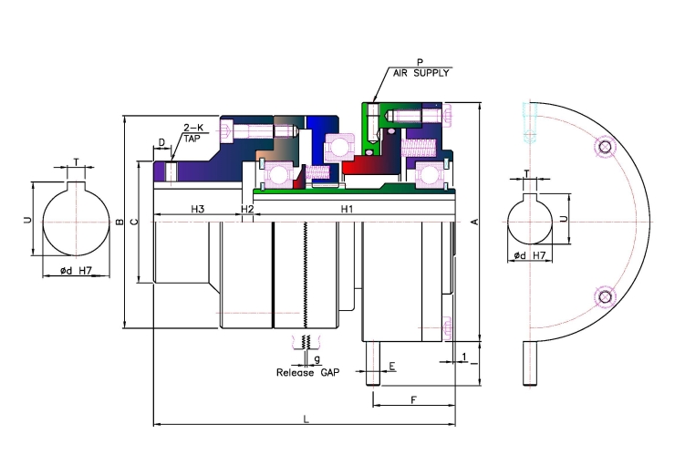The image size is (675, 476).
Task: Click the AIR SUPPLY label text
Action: click(x=421, y=73)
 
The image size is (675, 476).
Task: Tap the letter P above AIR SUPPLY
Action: click(x=421, y=62)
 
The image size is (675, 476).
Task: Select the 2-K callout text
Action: click(x=193, y=128)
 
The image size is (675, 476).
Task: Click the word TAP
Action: click(x=192, y=139)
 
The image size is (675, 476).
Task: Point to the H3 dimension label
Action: click(x=198, y=209)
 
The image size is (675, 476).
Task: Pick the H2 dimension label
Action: click(x=247, y=209)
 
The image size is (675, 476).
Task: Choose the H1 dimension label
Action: click(x=347, y=209)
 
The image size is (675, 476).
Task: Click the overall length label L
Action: click(x=306, y=419)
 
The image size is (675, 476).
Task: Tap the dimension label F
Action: click(x=413, y=400)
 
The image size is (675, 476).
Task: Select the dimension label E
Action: click(x=392, y=367)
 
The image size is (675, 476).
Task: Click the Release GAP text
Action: click(x=307, y=373)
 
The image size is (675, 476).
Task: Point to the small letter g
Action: click(x=317, y=359)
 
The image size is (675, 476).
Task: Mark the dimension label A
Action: click(x=475, y=222)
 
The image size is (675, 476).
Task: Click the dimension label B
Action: click(x=119, y=222)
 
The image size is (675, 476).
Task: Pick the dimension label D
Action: click(x=161, y=142)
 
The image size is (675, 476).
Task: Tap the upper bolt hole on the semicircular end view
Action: click(x=605, y=147)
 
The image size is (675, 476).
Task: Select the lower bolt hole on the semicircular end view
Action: click(x=605, y=296)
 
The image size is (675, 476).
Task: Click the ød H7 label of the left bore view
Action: click(x=76, y=271)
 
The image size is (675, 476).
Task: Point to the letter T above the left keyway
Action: click(x=77, y=162)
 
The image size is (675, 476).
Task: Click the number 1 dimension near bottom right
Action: click(x=464, y=357)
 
